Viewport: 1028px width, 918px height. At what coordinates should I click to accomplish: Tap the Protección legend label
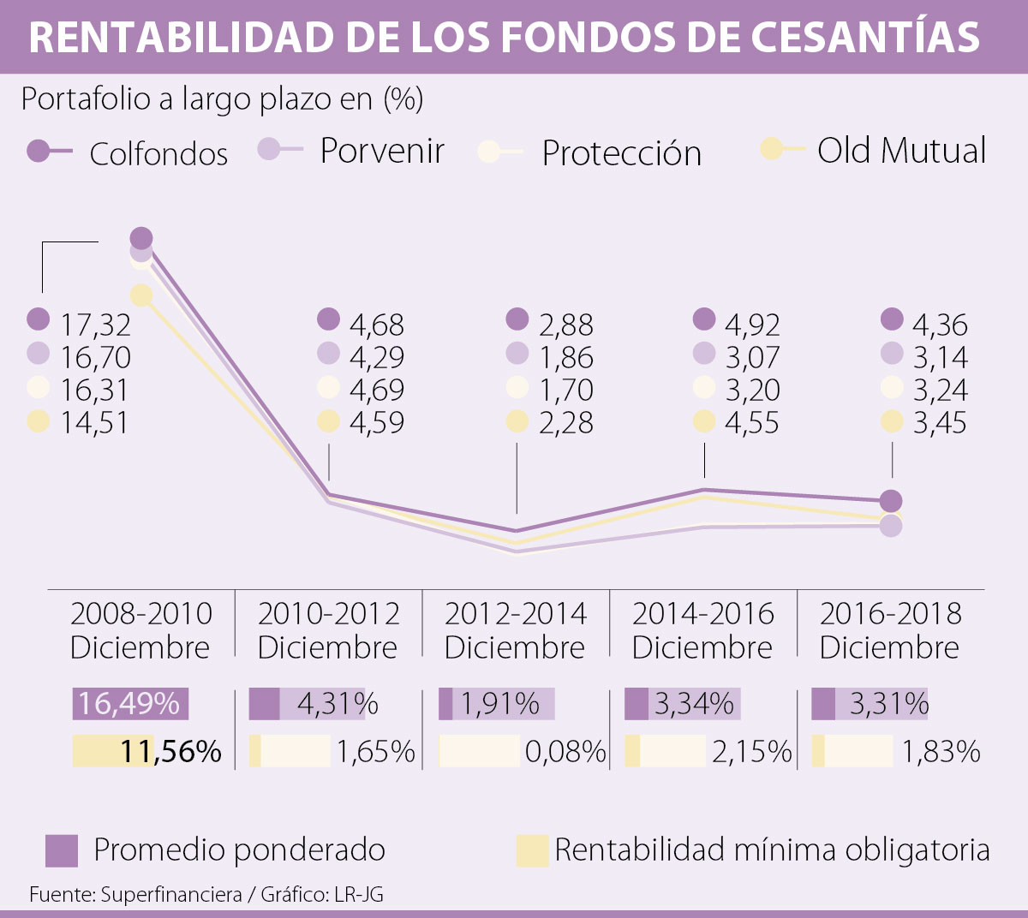621,153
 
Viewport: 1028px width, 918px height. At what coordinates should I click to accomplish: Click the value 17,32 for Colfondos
95,325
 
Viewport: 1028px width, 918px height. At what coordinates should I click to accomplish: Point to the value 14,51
94,422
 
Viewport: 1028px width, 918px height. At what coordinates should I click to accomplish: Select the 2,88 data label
565,325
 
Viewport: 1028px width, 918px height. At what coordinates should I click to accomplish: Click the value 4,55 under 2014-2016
752,422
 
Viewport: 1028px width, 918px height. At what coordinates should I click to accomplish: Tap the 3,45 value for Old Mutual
940,422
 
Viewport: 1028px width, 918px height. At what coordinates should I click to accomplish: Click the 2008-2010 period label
140,629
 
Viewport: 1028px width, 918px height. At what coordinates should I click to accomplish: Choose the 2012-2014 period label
515,629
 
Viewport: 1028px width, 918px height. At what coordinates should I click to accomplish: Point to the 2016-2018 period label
890,629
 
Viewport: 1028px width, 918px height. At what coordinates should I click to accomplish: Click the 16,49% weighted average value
129,703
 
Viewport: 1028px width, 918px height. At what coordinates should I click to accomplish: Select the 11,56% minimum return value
170,751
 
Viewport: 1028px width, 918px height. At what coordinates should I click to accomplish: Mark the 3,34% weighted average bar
683,704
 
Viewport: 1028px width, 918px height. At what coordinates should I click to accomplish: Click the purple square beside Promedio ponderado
62,850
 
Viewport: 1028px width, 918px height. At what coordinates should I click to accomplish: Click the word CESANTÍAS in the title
865,37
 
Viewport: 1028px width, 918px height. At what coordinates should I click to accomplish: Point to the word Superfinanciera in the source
171,895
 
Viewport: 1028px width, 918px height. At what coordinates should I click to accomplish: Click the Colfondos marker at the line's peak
141,239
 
